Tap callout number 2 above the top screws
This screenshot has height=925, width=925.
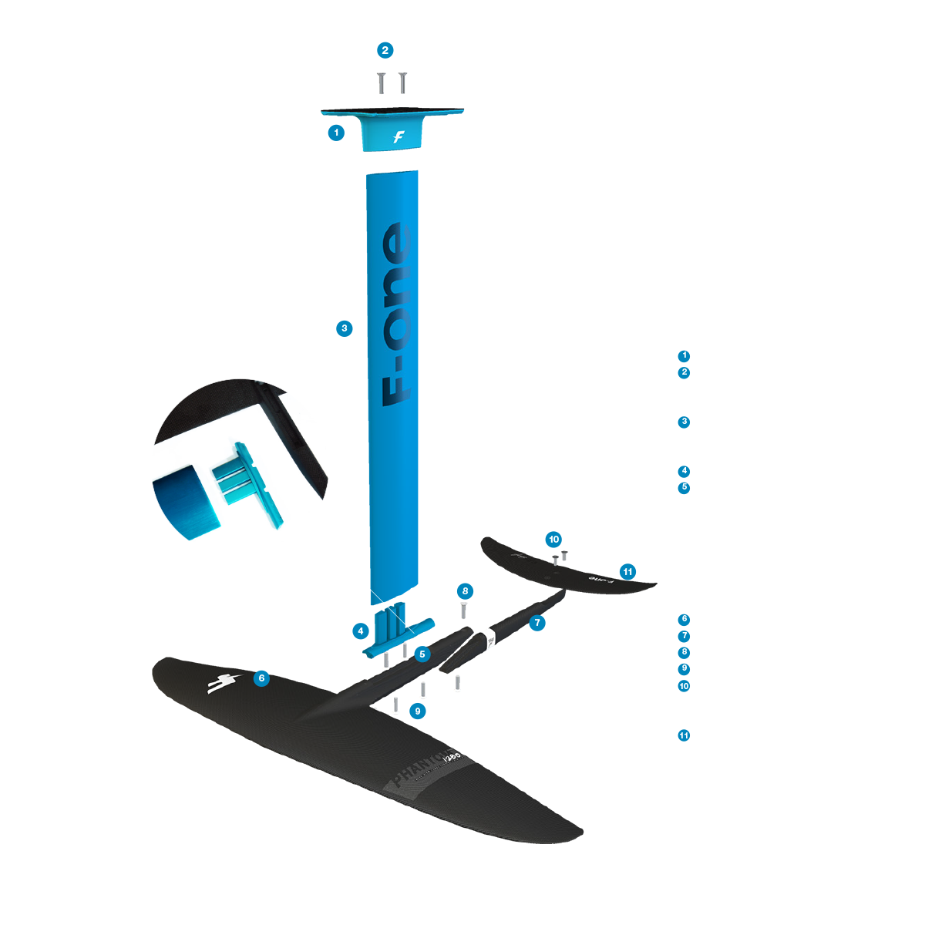(385, 51)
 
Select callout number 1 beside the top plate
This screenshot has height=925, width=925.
(336, 133)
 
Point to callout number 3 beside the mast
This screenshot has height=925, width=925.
(345, 328)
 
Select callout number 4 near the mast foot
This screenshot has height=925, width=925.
(361, 631)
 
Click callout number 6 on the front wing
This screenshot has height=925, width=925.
(262, 678)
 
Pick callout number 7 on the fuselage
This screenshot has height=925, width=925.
(537, 623)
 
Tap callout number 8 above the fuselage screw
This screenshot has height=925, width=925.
(464, 591)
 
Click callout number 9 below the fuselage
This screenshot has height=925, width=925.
(418, 711)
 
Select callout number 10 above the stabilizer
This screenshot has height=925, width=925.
(553, 540)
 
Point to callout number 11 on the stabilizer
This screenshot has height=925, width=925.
(627, 572)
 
